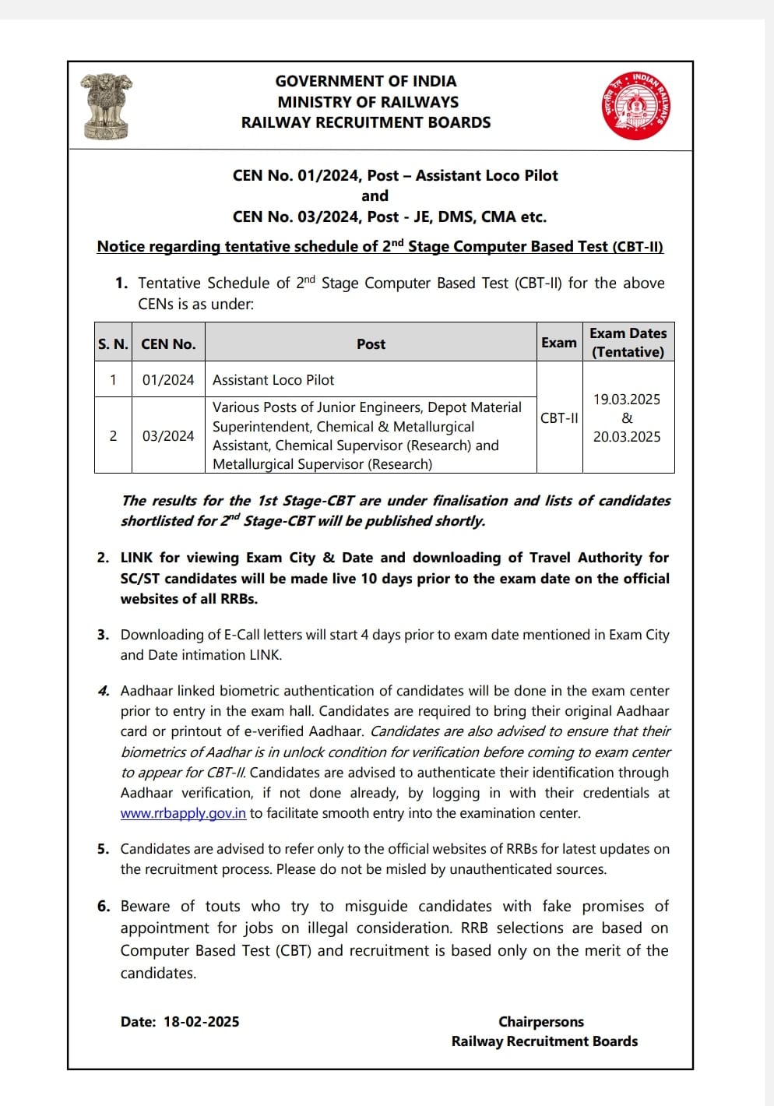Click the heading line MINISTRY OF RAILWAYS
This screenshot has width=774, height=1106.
pos(368,102)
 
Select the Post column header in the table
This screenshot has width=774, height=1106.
pos(371,343)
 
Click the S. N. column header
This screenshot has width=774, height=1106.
pos(113,343)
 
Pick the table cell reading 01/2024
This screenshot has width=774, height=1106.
pos(168,380)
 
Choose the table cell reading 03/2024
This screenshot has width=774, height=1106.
pos(168,436)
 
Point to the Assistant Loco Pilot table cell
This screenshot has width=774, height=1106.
pos(273,380)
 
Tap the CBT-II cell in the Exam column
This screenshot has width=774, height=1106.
pos(559,418)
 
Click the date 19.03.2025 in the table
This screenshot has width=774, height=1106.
pos(627,400)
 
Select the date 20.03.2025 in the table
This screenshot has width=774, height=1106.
pos(627,437)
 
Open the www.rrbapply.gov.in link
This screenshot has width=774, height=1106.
pos(183,813)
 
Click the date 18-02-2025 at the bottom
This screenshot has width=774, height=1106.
pos(202,1022)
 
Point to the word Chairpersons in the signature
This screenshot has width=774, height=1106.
pos(541,1022)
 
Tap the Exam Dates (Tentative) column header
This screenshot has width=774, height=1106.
pos(628,343)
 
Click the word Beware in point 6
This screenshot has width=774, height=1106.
pos(145,907)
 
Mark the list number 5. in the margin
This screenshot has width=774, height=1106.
pos(104,849)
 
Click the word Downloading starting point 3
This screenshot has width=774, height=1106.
pos(159,635)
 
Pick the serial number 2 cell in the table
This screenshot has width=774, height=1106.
pos(113,436)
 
